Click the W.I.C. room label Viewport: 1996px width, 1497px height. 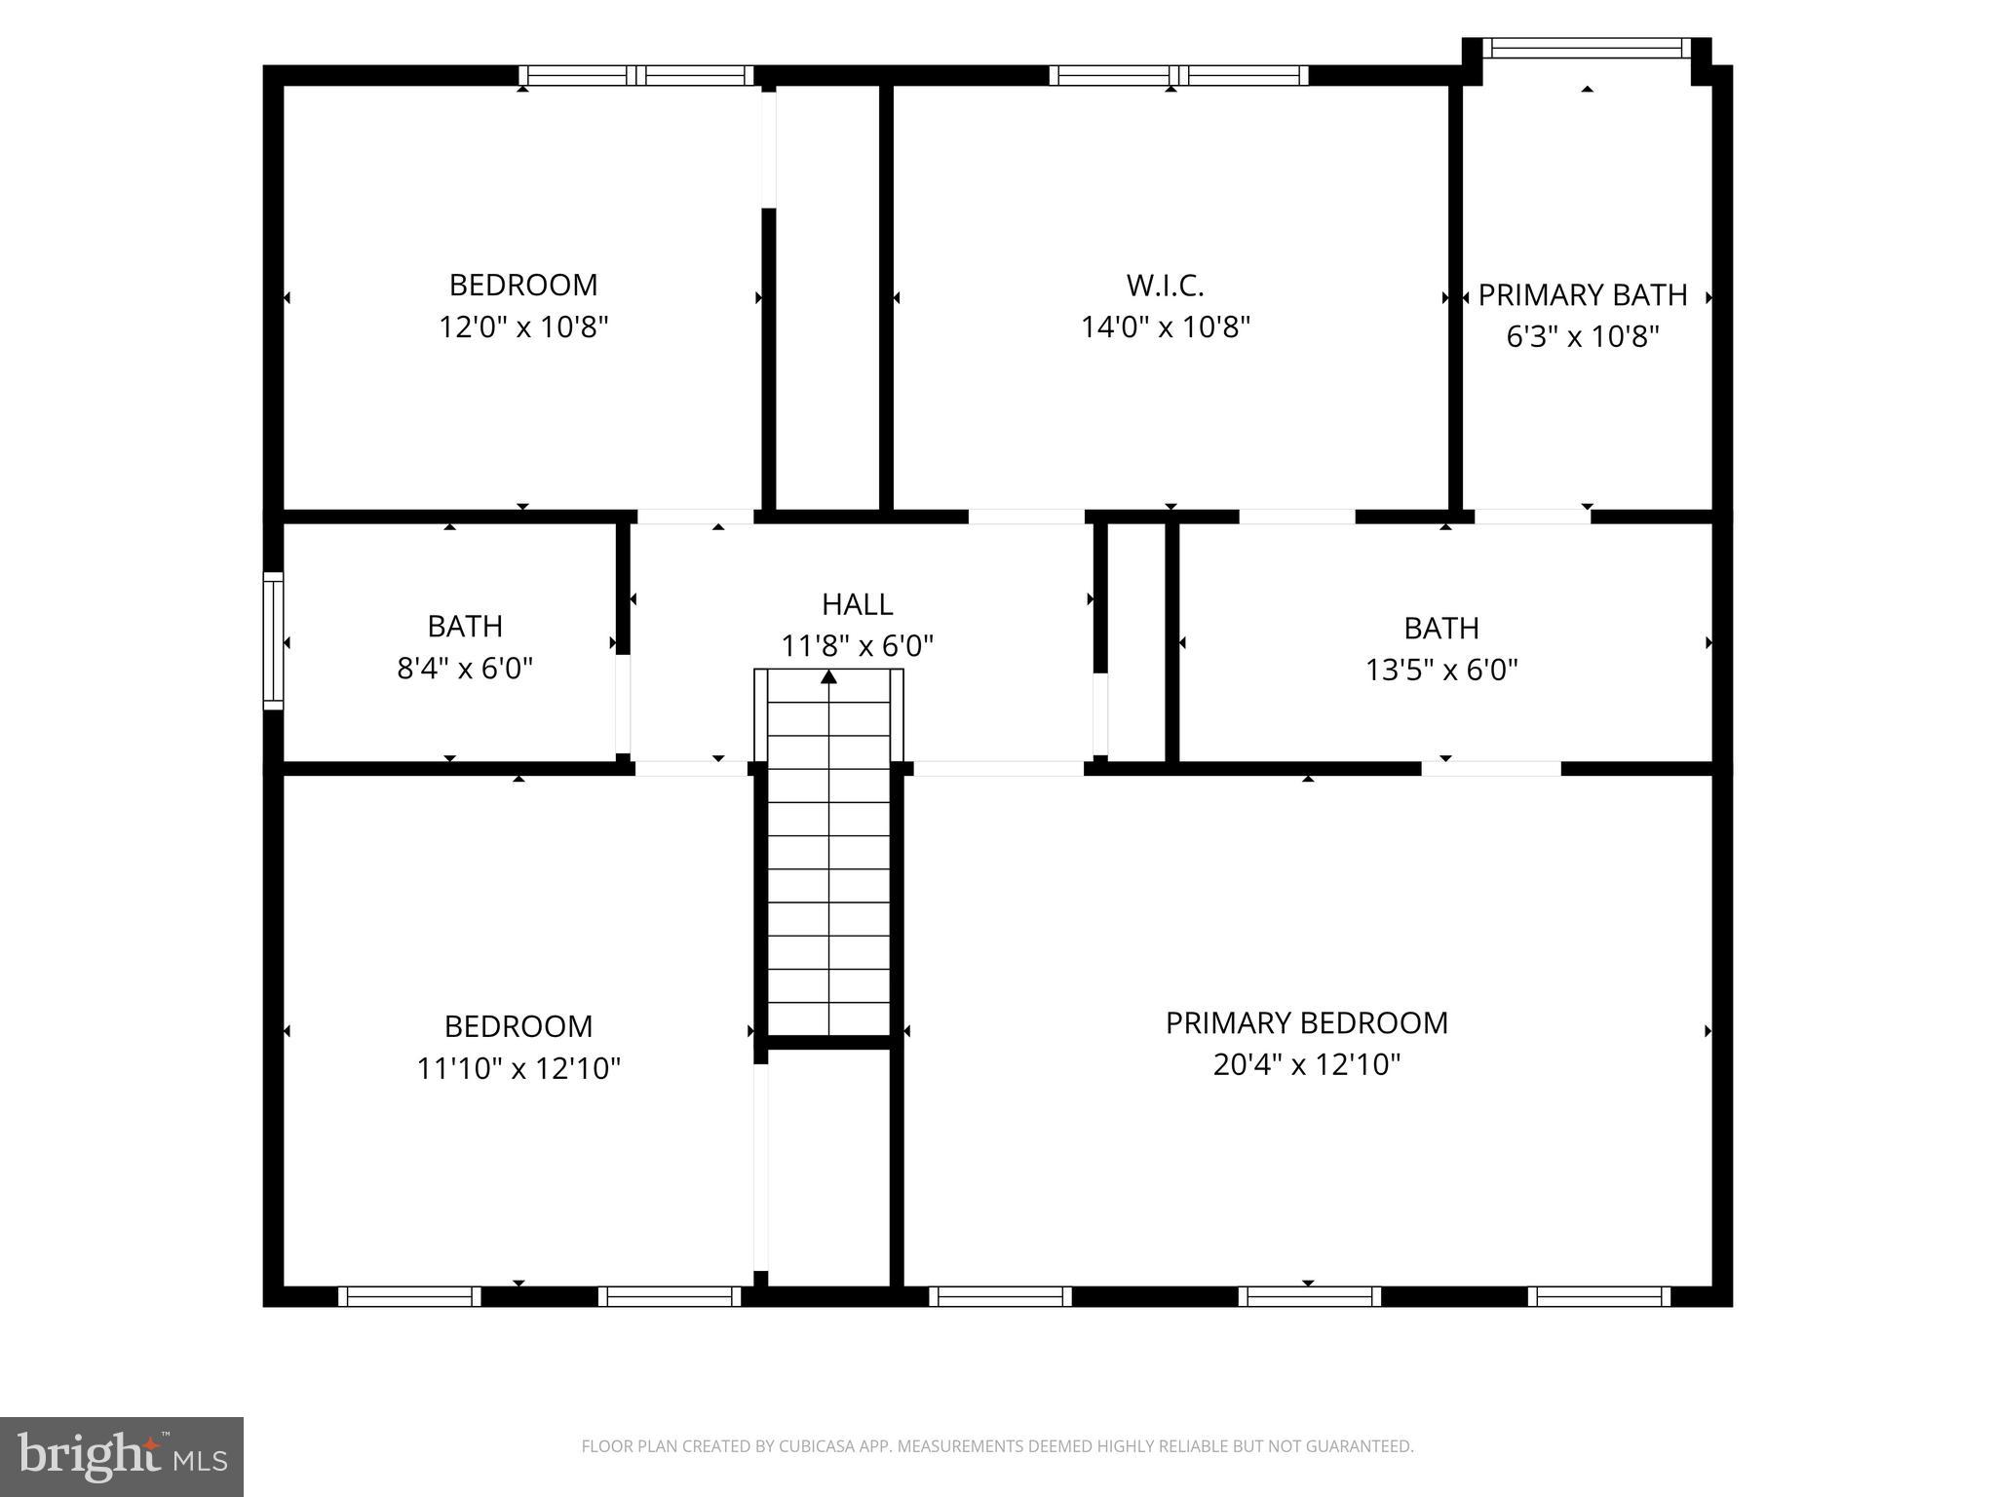pyautogui.click(x=1165, y=286)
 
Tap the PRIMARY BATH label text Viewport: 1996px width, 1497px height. pyautogui.click(x=1582, y=294)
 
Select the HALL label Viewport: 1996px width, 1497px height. pyautogui.click(x=857, y=604)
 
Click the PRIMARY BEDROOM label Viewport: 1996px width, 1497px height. pyautogui.click(x=1306, y=1022)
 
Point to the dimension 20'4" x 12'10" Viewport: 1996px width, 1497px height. pyautogui.click(x=1306, y=1064)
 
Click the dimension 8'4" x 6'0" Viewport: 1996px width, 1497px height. pyautogui.click(x=465, y=669)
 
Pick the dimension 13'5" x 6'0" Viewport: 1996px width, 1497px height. pyautogui.click(x=1441, y=670)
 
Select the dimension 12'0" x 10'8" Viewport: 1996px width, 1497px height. pyautogui.click(x=523, y=326)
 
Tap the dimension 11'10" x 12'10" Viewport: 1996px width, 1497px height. pyautogui.click(x=518, y=1068)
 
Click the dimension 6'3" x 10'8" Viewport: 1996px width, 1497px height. pyautogui.click(x=1582, y=336)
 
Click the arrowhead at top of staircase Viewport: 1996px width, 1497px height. pyautogui.click(x=828, y=676)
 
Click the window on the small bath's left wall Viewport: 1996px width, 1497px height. pyautogui.click(x=273, y=640)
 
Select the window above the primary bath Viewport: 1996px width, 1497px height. pyautogui.click(x=1587, y=48)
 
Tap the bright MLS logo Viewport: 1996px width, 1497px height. pyautogui.click(x=121, y=1456)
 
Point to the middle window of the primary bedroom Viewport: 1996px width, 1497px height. pyautogui.click(x=1309, y=1296)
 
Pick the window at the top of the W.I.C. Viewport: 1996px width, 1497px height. pyautogui.click(x=1178, y=75)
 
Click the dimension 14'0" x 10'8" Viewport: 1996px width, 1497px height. pyautogui.click(x=1165, y=326)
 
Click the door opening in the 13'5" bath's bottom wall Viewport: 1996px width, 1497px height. pyautogui.click(x=1490, y=768)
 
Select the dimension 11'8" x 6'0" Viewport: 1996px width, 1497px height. pyautogui.click(x=857, y=645)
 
